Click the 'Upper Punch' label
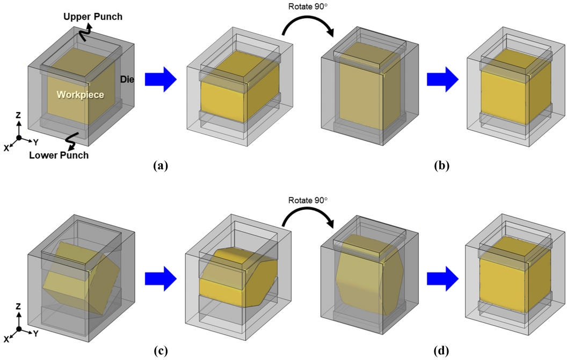click(92, 17)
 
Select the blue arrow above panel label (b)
click(442, 79)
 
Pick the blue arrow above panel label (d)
click(442, 278)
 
